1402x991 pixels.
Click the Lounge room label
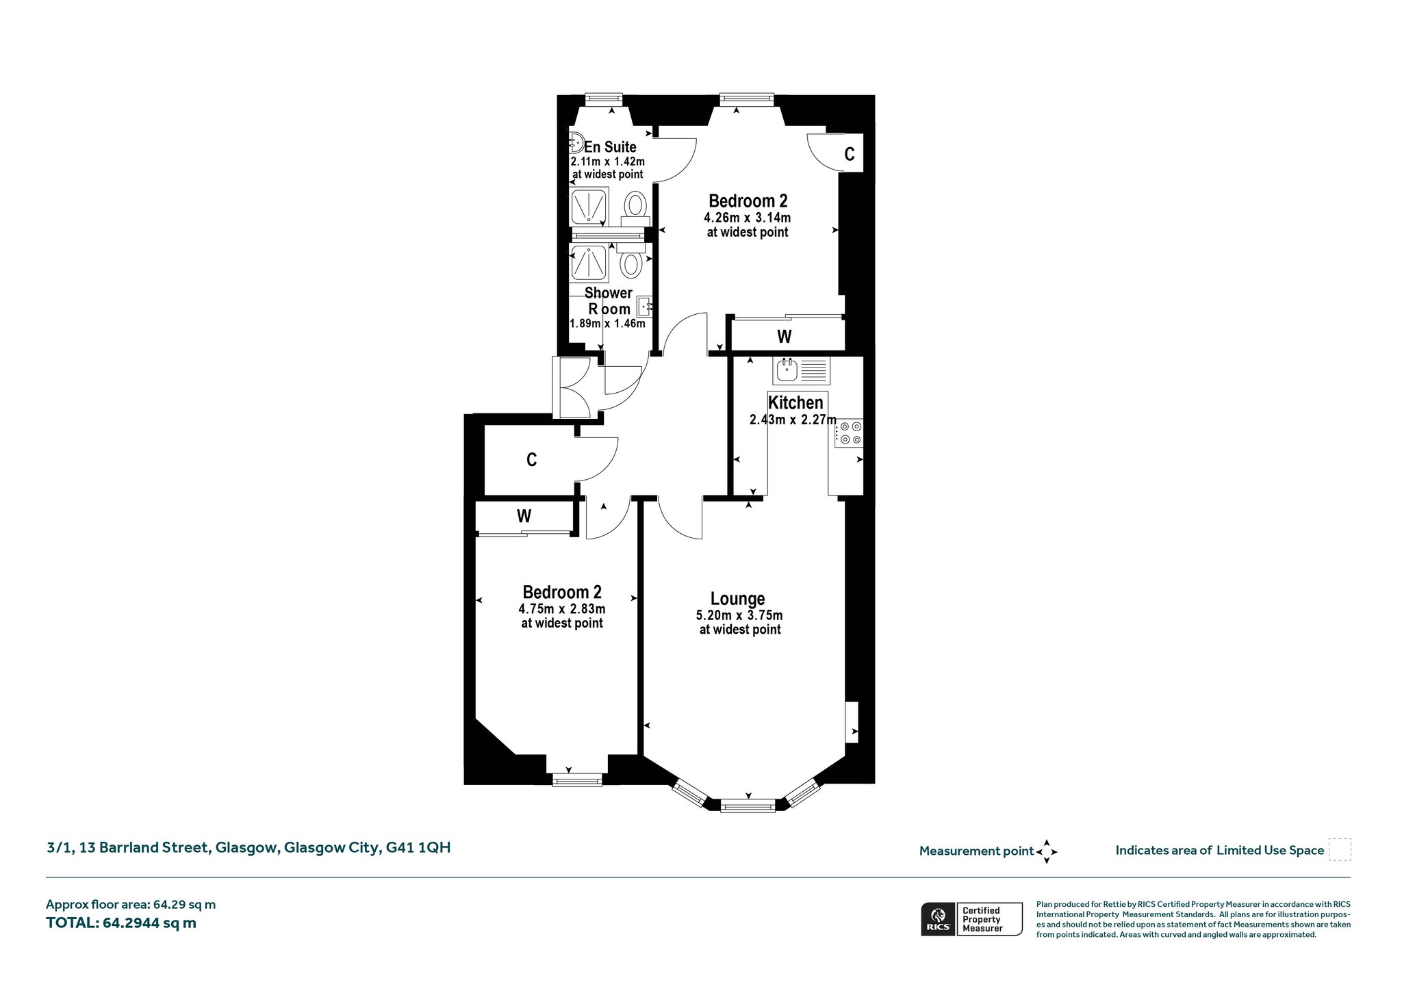[737, 599]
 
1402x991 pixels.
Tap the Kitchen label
[795, 402]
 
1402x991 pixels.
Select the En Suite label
[610, 147]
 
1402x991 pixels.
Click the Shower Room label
[609, 301]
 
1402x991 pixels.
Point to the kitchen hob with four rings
[849, 433]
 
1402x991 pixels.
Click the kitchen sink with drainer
[801, 370]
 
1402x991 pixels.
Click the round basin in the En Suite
[575, 143]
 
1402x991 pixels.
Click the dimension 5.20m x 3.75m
[739, 615]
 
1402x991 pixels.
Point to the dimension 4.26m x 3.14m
[748, 218]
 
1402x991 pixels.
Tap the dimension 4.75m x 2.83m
[562, 609]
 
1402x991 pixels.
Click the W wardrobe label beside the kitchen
[785, 337]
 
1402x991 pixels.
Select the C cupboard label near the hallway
[531, 460]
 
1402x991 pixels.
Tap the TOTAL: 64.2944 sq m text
[121, 923]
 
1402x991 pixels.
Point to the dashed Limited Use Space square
[1340, 850]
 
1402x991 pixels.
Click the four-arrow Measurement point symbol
[1047, 852]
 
